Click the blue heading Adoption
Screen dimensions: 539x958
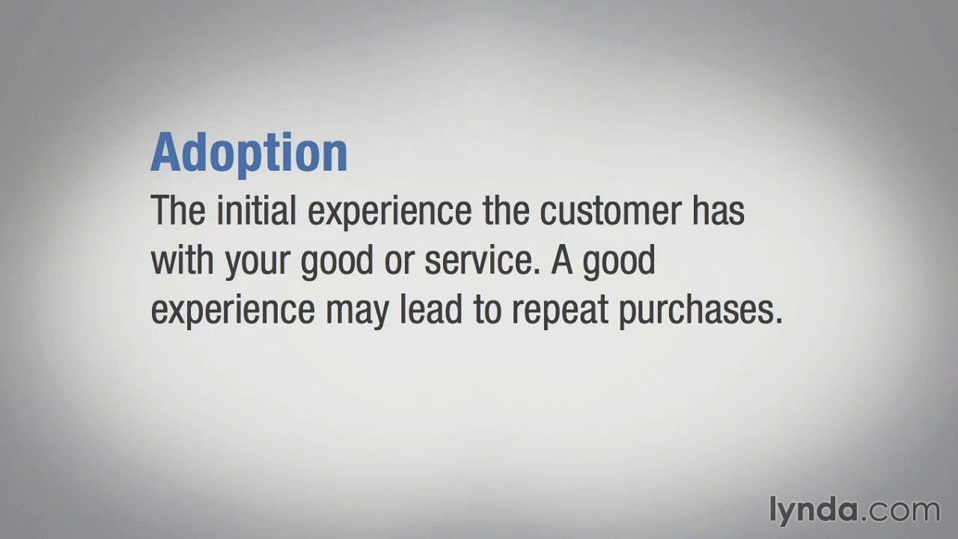point(248,153)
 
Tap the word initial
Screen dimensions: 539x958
point(256,210)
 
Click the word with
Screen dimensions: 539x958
point(182,260)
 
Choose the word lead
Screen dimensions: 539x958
point(430,309)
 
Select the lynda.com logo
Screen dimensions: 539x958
point(853,511)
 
